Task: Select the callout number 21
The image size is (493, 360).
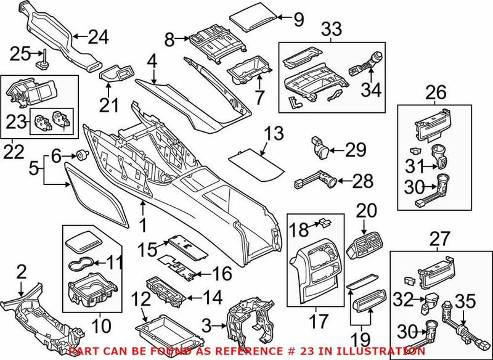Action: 109,105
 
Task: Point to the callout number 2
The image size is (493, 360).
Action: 21,269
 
